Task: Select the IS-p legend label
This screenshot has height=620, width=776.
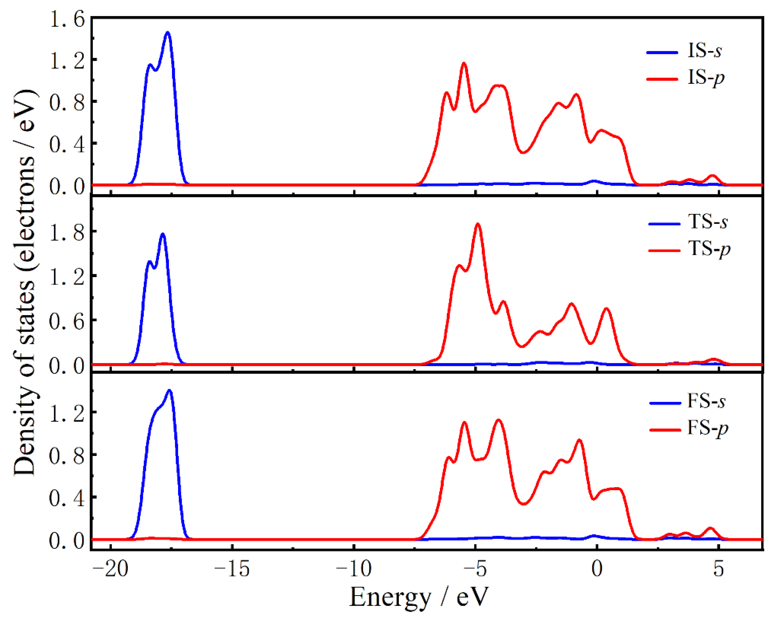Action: (x=705, y=78)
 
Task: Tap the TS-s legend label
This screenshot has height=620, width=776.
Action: (x=708, y=222)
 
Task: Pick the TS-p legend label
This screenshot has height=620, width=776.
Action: (x=709, y=249)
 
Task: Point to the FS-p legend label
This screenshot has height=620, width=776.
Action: (x=708, y=428)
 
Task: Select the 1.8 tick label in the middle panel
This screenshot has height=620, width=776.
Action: (x=67, y=233)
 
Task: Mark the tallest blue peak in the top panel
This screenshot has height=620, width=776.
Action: (x=167, y=33)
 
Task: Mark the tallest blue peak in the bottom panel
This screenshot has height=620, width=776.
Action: (x=169, y=390)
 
